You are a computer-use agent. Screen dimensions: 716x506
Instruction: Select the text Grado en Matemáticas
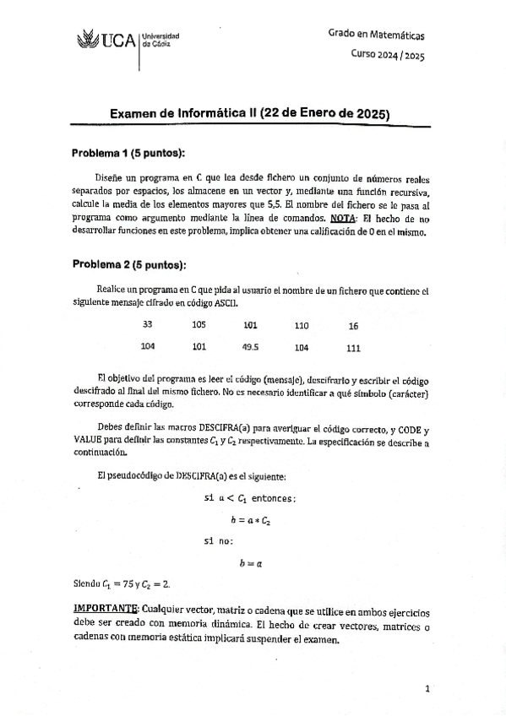click(377, 35)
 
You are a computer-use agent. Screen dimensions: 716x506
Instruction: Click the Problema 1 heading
click(128, 153)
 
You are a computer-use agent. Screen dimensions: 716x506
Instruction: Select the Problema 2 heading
click(128, 264)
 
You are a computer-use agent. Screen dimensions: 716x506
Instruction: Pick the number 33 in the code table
click(148, 325)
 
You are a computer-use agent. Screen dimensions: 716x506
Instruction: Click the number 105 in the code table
click(199, 325)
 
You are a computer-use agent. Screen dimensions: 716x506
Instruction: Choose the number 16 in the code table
click(353, 326)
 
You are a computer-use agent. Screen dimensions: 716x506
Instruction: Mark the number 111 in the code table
click(353, 347)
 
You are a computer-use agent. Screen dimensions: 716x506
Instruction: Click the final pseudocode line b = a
click(251, 561)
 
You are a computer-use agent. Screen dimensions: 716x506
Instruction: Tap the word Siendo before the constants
click(86, 583)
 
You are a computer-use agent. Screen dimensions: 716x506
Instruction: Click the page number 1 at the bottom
click(427, 688)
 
